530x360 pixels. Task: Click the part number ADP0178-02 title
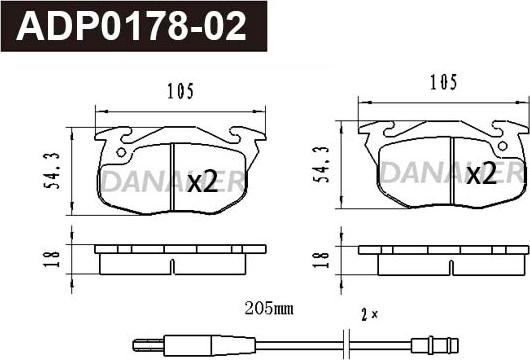click(131, 26)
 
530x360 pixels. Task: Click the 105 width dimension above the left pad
click(180, 91)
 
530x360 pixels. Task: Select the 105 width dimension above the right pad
click(443, 82)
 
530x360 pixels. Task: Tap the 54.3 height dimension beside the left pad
click(52, 171)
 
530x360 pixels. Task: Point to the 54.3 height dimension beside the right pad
click(320, 164)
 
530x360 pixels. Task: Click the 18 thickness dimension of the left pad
click(52, 259)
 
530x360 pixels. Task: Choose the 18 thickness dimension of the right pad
click(320, 259)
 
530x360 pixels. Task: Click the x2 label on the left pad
click(202, 181)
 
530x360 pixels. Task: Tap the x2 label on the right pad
click(481, 173)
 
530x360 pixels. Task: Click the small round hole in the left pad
click(121, 152)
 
